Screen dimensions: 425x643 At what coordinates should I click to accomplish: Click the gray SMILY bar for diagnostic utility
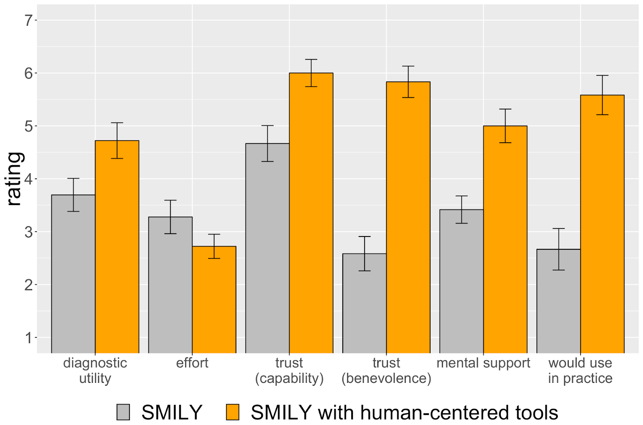73,273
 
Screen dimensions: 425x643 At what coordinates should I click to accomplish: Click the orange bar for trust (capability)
311,213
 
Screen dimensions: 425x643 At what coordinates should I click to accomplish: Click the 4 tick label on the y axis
29,179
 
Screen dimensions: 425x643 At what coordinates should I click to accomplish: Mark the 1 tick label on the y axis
29,338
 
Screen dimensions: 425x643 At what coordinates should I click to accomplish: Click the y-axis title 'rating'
14,179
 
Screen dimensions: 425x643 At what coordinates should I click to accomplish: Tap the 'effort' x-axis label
192,363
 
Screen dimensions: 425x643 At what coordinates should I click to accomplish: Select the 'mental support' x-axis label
483,363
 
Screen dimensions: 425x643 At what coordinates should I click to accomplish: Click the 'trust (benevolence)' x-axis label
386,370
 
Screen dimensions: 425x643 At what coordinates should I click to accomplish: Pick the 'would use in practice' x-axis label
580,370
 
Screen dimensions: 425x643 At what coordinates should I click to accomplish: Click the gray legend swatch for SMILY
123,412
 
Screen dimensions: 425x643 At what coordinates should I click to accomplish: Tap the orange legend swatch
233,412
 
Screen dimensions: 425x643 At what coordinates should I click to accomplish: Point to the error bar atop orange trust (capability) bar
311,73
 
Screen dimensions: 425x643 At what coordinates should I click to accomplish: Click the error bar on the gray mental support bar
462,209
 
